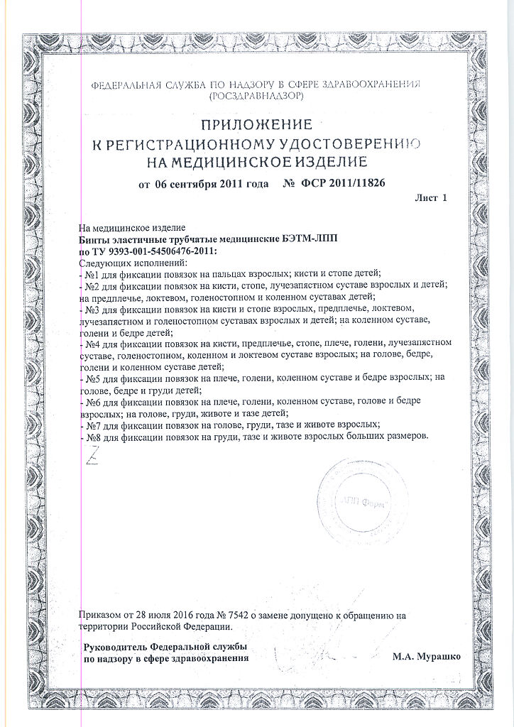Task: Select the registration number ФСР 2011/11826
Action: click(x=344, y=184)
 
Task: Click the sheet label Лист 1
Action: click(x=432, y=199)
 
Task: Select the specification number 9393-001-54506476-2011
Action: click(x=157, y=251)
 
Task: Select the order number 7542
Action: click(x=229, y=616)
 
